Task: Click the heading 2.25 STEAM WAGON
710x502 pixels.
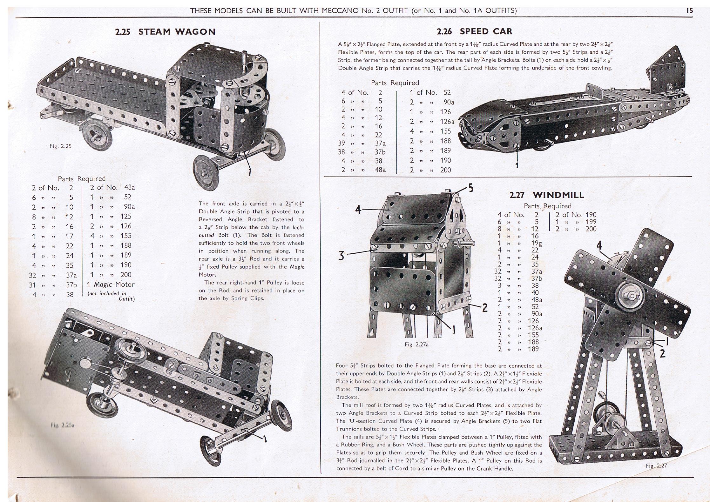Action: coord(165,32)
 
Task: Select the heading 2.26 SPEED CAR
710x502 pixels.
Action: coord(475,31)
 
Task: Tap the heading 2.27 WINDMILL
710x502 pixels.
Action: coord(547,195)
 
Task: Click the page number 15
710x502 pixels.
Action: coord(689,10)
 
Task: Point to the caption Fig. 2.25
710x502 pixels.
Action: coord(60,146)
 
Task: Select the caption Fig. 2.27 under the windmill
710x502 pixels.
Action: coord(656,466)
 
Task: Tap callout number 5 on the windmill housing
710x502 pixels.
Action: coord(471,188)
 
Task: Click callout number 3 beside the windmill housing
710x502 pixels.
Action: coord(341,256)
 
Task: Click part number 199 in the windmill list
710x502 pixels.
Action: coord(591,222)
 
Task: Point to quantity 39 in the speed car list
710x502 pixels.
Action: coord(341,143)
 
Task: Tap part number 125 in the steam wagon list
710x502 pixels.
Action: coord(125,217)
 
